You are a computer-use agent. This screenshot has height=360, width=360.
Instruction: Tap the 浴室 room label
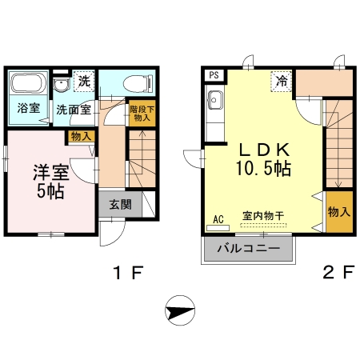(30, 108)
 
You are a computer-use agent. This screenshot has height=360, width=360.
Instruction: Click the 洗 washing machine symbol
(83, 81)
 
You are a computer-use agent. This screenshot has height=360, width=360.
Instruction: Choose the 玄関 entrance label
(120, 203)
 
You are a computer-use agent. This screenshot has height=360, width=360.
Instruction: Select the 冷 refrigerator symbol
(282, 81)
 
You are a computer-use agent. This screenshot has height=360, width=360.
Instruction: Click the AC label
(218, 218)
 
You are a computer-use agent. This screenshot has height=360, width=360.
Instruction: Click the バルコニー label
(248, 248)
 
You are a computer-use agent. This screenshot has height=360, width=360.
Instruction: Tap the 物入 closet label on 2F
(338, 212)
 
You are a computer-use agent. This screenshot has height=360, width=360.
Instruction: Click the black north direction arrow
(181, 308)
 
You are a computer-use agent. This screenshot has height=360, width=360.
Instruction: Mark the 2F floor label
(338, 275)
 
